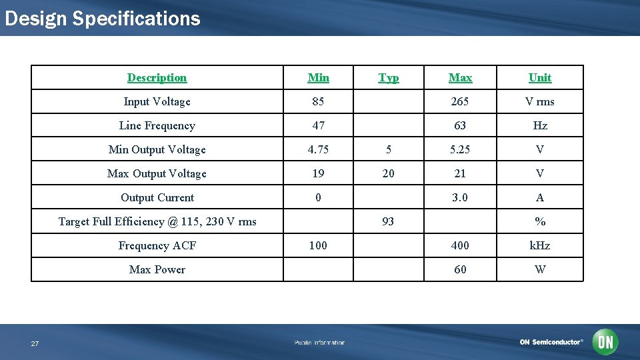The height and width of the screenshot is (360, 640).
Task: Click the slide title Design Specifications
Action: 102,18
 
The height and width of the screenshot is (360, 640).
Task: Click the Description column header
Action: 157,77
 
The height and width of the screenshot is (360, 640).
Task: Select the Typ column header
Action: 389,77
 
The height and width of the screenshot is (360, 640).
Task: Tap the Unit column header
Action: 540,77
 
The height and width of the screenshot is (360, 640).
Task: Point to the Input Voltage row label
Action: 157,101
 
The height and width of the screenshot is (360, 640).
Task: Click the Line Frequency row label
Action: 157,125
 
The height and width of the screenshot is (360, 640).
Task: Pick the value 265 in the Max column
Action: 460,101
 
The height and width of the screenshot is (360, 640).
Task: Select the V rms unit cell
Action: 540,101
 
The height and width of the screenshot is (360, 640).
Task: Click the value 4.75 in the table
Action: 318,149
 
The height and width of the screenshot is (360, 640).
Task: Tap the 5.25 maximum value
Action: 460,149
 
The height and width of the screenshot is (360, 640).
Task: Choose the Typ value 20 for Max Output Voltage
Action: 388,173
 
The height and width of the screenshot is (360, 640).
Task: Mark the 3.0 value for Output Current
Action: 460,197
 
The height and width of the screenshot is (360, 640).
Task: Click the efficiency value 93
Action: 388,221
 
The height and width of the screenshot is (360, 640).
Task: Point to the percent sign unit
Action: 540,221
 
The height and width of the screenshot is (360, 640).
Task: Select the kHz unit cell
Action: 540,245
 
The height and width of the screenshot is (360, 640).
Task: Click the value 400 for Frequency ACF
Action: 460,245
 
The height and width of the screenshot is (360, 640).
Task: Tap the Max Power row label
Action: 157,269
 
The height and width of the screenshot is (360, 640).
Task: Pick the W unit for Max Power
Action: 540,269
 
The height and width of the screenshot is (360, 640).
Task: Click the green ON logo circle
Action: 605,342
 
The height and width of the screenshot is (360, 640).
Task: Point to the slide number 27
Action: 35,343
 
